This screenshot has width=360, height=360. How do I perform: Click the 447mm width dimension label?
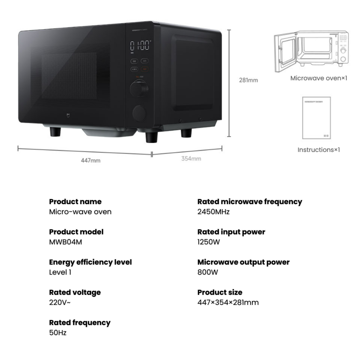pos(90,160)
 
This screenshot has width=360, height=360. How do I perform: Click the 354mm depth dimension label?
pos(191,159)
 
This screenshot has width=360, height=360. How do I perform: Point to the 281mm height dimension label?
pos(248,80)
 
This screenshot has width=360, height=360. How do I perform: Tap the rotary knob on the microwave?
pos(139,88)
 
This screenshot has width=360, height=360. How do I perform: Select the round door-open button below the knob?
pos(139,113)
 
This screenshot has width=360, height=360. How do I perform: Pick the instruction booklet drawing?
pos(317,118)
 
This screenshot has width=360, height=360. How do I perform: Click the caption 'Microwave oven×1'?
pos(319,78)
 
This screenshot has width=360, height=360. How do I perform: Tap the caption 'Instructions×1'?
pos(319,149)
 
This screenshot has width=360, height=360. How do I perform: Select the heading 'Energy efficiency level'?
pos(90,262)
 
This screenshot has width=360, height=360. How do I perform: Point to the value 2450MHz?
pos(213,212)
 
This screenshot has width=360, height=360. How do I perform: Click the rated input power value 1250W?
pos(208,242)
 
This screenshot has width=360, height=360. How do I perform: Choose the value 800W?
pos(208,272)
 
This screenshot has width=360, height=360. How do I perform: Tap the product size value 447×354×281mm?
pos(228,302)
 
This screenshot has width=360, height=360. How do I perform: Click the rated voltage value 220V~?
pos(60,302)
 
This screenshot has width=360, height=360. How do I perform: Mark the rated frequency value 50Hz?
pos(58,333)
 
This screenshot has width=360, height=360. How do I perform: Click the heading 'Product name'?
pos(75,202)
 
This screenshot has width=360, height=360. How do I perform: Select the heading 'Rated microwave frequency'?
pos(250,202)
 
